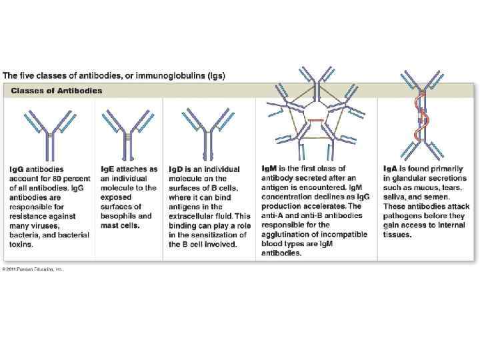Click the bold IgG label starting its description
(x=17, y=169)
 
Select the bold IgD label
(x=176, y=169)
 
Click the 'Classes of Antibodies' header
(x=57, y=91)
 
